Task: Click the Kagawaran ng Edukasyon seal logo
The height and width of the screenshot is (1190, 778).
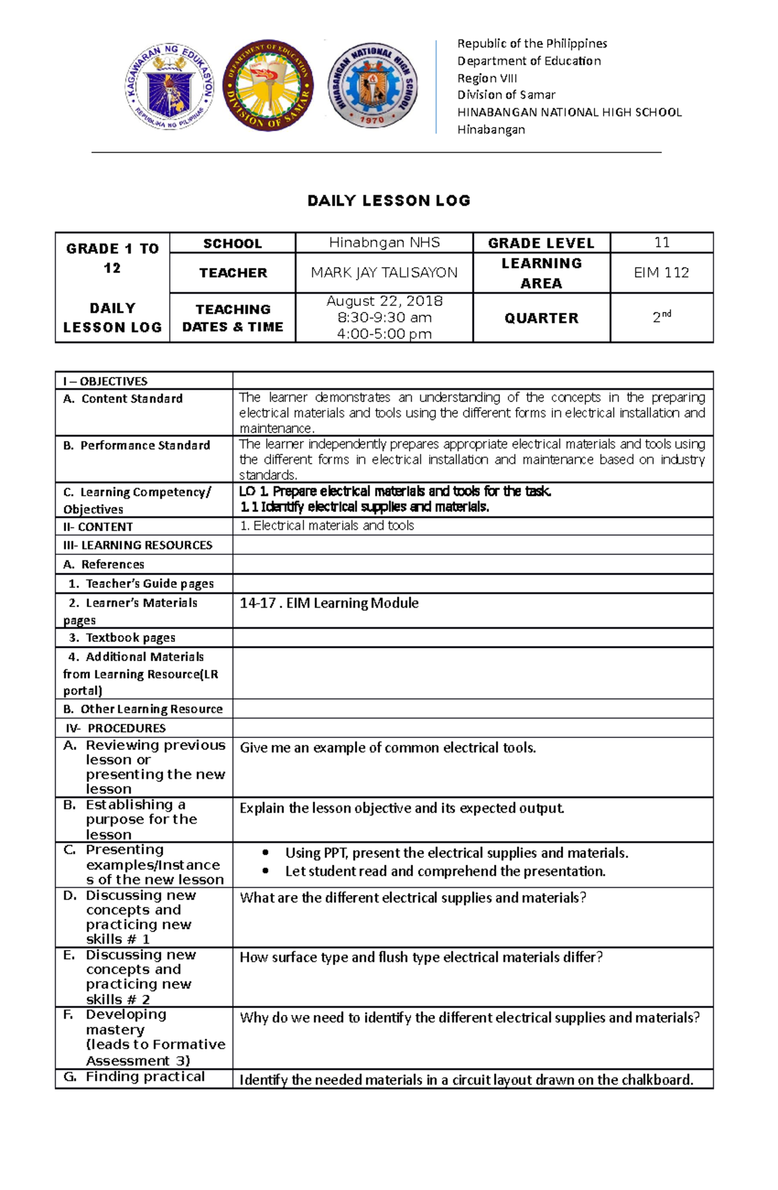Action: click(x=170, y=86)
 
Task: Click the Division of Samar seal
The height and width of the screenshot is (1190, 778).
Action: click(x=268, y=85)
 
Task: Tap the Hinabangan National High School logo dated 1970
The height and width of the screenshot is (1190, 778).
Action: click(x=372, y=85)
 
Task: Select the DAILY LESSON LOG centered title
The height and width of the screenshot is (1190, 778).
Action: click(x=389, y=200)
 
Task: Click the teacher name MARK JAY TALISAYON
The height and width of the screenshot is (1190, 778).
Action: click(x=384, y=273)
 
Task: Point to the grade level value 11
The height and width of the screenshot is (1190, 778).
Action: click(x=661, y=243)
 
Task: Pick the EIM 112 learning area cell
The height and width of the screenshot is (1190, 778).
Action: click(x=661, y=273)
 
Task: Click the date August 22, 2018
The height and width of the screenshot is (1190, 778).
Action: click(x=384, y=301)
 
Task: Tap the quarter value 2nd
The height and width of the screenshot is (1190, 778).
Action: click(x=661, y=317)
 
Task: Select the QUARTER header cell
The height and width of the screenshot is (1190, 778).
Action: click(x=541, y=318)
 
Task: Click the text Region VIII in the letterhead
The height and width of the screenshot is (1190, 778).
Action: click(x=487, y=78)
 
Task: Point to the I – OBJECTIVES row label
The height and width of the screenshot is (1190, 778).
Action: click(x=105, y=381)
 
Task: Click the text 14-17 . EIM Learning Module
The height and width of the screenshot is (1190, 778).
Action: click(x=329, y=603)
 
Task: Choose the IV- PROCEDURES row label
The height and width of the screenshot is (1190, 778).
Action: click(x=115, y=728)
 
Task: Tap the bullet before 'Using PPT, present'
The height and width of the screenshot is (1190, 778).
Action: click(x=265, y=853)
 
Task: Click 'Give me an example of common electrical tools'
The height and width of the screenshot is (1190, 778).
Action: click(x=388, y=748)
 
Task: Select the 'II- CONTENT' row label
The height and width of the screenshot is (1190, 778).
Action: click(x=98, y=527)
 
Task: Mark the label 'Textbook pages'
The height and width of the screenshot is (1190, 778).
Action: click(x=130, y=637)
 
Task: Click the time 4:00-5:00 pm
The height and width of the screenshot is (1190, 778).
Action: click(x=384, y=334)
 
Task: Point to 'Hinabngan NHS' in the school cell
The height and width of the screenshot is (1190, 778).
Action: click(x=384, y=243)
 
